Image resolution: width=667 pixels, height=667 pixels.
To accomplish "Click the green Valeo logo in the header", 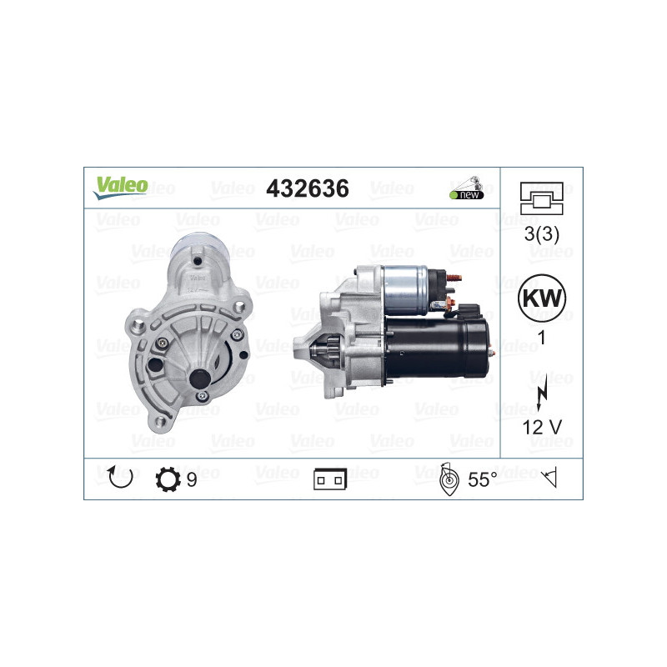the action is [x=121, y=188].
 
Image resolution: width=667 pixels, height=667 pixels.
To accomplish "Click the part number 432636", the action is [x=307, y=188].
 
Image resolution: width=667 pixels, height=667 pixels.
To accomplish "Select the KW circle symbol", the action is [x=541, y=298].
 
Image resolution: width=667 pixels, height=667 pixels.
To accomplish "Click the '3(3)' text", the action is [x=541, y=233].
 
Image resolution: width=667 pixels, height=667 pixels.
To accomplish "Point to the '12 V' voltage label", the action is [x=541, y=427].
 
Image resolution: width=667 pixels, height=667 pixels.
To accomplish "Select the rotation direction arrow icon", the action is [x=120, y=478].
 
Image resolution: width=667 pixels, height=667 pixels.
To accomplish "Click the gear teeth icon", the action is [x=168, y=480].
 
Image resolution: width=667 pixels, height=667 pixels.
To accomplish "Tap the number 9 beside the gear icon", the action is [x=192, y=480].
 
